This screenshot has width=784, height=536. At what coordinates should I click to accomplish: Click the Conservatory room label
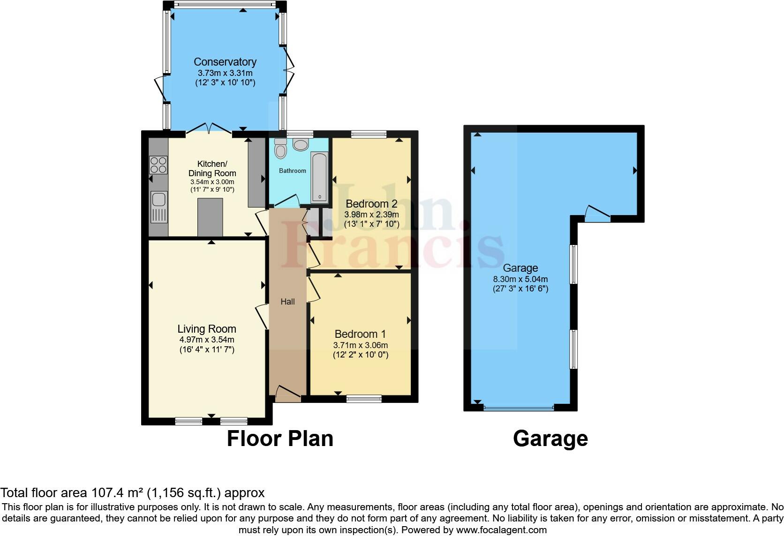pos(225,62)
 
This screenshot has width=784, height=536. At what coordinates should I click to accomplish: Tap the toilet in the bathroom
pos(281,149)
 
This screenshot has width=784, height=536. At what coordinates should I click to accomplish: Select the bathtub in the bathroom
pos(320,177)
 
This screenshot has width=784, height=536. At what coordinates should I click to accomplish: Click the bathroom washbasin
pos(301,145)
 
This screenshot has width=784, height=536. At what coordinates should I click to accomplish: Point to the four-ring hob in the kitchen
pos(158,165)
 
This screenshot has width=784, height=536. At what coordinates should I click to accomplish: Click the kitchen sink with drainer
pos(158,207)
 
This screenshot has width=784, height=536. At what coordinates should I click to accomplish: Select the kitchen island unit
pos(210,217)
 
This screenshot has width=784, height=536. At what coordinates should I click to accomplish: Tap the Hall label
pos(287,302)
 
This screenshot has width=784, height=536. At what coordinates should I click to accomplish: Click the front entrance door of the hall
pos(288,394)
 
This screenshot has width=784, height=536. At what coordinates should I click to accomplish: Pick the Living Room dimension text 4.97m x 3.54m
pos(207,340)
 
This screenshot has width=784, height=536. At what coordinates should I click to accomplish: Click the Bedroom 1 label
pos(360,334)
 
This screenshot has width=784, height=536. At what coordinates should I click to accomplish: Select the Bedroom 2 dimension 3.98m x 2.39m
pos(372,214)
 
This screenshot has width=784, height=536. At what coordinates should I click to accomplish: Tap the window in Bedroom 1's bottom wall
pos(364,399)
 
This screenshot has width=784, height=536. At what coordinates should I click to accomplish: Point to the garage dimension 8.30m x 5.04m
pos(520,279)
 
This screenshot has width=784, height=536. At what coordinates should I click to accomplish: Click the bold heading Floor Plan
pos(280,439)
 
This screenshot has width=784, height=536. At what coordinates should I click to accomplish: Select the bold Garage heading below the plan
pos(550,439)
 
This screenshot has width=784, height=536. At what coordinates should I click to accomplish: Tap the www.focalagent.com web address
pos(501,530)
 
